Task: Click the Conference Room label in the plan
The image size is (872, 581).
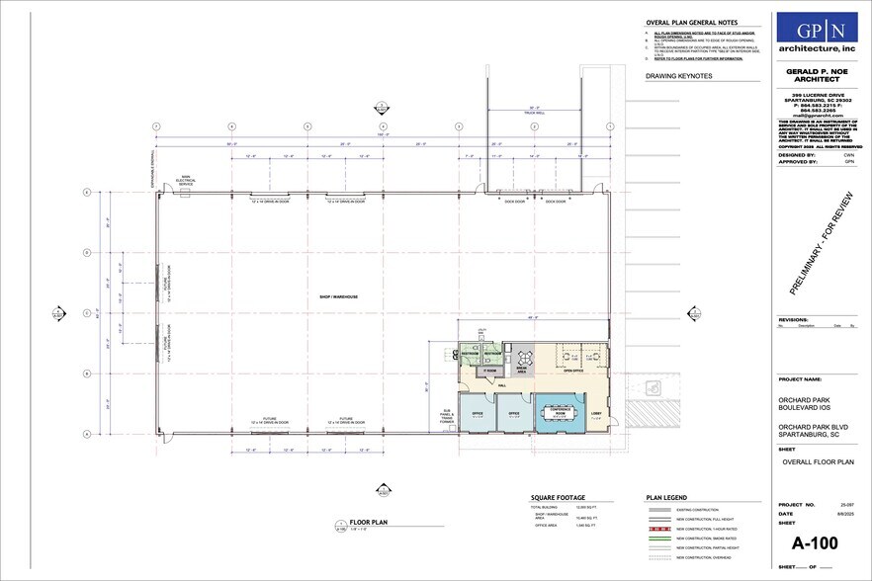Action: coord(562,409)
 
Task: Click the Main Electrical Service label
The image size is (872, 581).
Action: coord(186,181)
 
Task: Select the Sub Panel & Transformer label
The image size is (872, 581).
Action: coord(447,416)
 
